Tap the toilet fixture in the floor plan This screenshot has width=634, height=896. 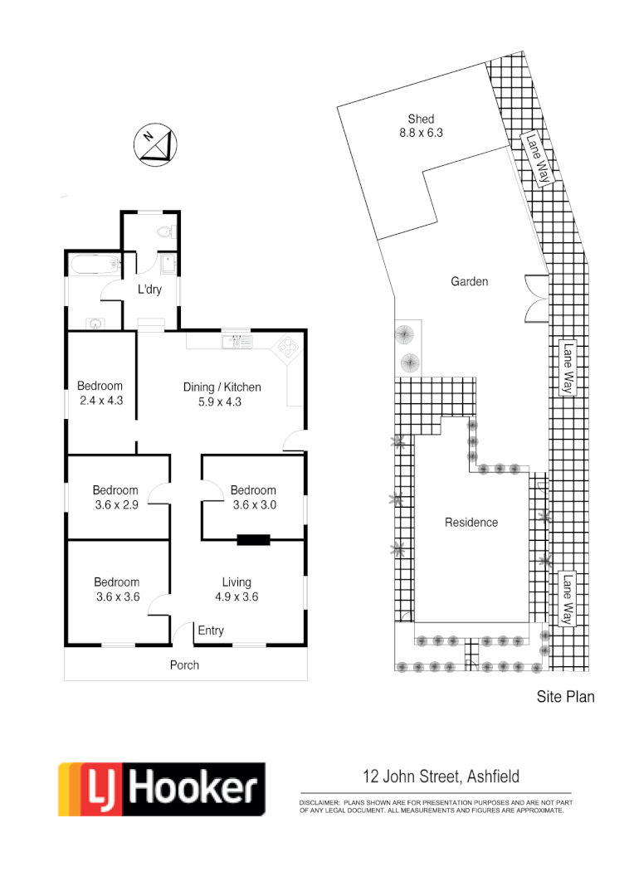click(164, 231)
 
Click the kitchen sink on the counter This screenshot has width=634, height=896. click(236, 340)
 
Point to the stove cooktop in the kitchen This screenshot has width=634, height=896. click(288, 346)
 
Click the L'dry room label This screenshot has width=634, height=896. click(149, 290)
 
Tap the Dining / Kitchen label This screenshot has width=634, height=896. click(222, 387)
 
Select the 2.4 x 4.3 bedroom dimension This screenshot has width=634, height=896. click(100, 401)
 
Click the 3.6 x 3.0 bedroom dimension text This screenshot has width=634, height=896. click(253, 504)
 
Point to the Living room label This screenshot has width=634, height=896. click(237, 582)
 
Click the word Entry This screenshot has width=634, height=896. click(211, 631)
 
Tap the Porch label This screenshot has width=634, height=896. click(184, 665)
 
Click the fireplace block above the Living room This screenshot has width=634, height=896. click(253, 540)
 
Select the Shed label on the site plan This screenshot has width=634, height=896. click(421, 119)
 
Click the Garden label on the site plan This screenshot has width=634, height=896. click(469, 281)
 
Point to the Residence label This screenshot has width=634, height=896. click(471, 522)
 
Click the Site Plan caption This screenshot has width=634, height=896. click(565, 697)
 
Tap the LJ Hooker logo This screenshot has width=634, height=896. click(161, 789)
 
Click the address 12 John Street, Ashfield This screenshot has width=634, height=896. click(441, 777)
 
